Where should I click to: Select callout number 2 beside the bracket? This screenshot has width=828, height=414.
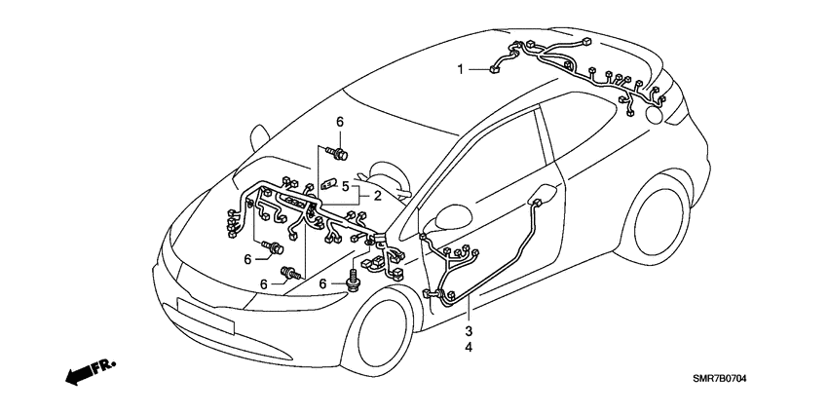click(377, 194)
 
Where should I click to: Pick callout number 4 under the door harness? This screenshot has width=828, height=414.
click(469, 347)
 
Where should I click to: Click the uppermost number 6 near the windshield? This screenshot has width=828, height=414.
click(341, 121)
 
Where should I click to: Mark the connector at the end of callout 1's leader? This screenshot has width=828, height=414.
click(496, 67)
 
